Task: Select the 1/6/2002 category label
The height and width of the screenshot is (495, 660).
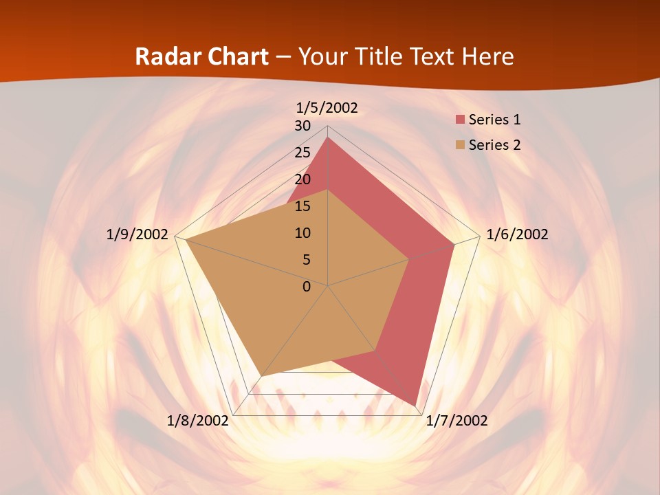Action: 517,234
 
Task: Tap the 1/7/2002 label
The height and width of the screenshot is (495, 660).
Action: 456,421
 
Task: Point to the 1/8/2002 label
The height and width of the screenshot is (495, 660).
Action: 197,421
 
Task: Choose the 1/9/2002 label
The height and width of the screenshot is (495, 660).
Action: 137,234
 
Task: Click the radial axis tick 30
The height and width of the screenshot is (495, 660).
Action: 302,126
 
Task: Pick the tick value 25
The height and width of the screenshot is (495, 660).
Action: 302,153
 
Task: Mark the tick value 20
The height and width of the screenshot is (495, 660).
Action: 302,179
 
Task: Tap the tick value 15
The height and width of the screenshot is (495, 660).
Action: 302,206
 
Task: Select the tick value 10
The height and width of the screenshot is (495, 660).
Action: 302,233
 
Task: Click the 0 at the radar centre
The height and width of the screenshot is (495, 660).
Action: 307,287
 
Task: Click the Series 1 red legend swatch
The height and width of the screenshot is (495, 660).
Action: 460,120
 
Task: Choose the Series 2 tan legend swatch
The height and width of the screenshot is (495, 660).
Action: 460,145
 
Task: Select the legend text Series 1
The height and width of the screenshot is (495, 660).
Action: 494,120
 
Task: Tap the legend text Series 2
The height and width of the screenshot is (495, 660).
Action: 494,145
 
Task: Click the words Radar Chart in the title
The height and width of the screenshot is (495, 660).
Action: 201,56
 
